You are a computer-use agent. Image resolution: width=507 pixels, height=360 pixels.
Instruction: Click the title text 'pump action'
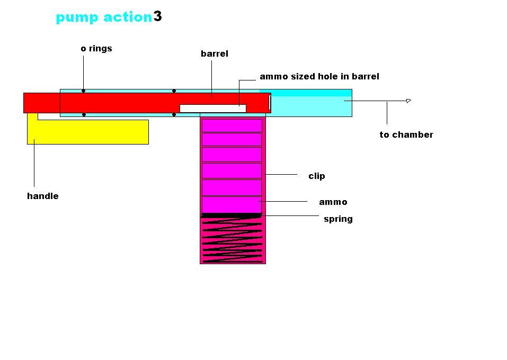pyautogui.click(x=104, y=17)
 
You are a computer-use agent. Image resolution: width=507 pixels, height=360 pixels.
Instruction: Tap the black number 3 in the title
pyautogui.click(x=158, y=16)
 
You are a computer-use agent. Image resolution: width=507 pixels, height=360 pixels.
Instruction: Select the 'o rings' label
pyautogui.click(x=96, y=49)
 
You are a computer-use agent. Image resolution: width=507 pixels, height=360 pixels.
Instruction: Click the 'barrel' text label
pyautogui.click(x=215, y=54)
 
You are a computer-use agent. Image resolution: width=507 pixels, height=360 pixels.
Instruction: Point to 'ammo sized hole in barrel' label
pyautogui.click(x=319, y=77)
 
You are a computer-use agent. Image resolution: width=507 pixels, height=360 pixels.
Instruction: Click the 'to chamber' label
pyautogui.click(x=406, y=135)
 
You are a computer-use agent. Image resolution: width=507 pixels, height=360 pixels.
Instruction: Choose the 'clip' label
pyautogui.click(x=317, y=176)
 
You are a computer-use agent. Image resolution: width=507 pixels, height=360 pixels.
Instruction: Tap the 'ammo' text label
pyautogui.click(x=333, y=202)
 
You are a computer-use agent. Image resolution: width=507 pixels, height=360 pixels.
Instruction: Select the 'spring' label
pyautogui.click(x=338, y=219)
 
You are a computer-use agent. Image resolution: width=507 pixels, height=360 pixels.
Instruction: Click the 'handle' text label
pyautogui.click(x=43, y=196)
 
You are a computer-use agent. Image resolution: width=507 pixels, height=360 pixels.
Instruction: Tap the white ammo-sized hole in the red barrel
pyautogui.click(x=212, y=109)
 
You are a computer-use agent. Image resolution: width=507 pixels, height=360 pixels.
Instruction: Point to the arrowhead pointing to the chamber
pyautogui.click(x=408, y=101)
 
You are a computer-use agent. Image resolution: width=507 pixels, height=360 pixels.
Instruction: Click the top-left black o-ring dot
pyautogui.click(x=83, y=91)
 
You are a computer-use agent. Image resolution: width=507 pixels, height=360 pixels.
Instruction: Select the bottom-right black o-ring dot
pyautogui.click(x=174, y=114)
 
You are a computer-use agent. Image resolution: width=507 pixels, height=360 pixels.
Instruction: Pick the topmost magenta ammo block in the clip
pyautogui.click(x=232, y=125)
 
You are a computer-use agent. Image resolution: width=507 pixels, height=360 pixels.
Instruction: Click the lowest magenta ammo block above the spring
pyautogui.click(x=232, y=204)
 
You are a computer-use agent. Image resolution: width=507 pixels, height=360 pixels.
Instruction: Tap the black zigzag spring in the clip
pyautogui.click(x=233, y=238)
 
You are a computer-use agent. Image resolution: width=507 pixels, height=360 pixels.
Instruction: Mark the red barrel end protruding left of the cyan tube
pyautogui.click(x=41, y=103)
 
